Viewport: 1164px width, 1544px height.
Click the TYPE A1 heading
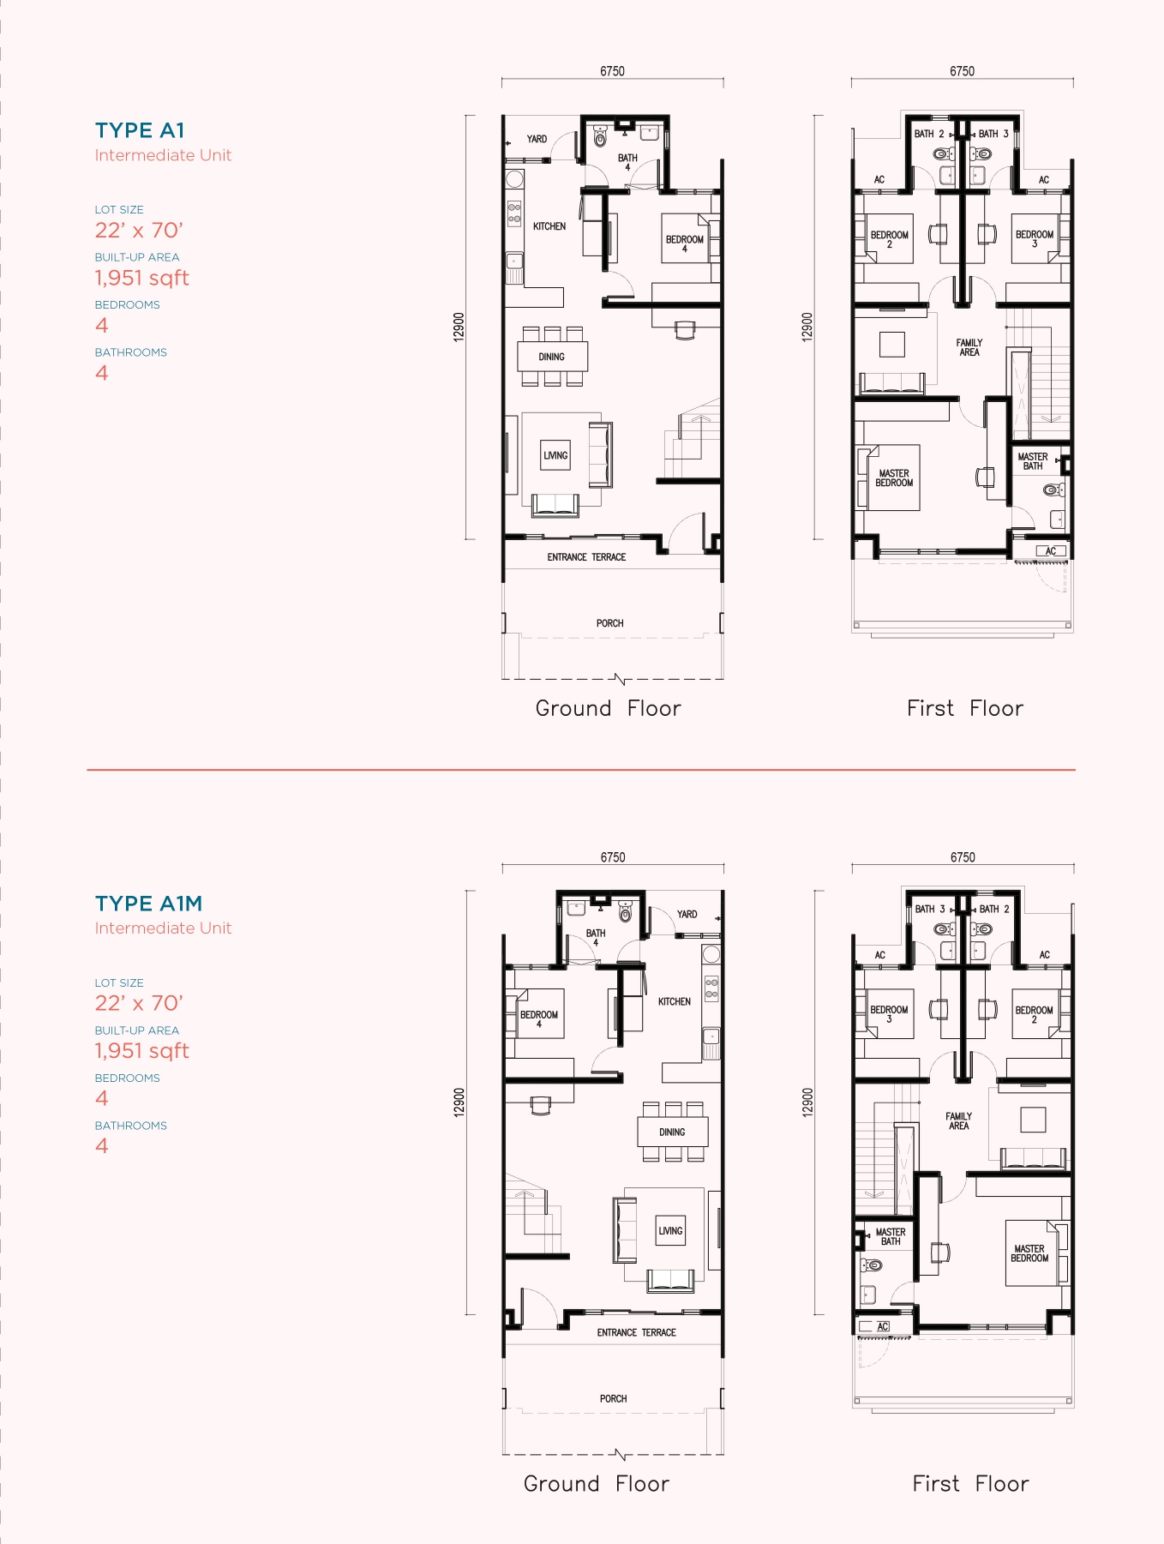click(140, 130)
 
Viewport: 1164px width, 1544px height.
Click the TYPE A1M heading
click(148, 904)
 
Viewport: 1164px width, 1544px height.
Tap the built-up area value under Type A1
click(141, 278)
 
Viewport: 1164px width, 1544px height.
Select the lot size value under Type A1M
click(139, 1003)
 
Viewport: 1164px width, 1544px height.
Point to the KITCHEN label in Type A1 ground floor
click(549, 226)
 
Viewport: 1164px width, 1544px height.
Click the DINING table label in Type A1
click(552, 357)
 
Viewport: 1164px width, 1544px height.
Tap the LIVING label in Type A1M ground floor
click(670, 1231)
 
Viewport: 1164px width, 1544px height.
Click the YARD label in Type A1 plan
click(537, 139)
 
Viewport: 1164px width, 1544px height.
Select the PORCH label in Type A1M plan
click(613, 1398)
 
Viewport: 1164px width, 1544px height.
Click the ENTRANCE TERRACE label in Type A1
click(586, 557)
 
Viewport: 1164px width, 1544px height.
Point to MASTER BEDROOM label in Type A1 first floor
click(894, 478)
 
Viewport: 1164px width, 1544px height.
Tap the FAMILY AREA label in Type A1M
click(958, 1121)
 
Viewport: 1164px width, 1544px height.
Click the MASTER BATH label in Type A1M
click(891, 1236)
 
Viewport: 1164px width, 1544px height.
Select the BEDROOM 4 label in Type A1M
click(539, 1018)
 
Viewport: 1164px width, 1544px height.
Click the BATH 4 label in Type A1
click(627, 162)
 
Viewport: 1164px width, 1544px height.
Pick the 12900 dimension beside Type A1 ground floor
click(459, 327)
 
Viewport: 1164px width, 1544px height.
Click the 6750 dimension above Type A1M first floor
click(963, 857)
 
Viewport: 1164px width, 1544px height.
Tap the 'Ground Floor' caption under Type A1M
click(597, 1484)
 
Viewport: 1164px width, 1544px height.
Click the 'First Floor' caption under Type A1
click(965, 708)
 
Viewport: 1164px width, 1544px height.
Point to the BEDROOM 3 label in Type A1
click(1035, 238)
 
